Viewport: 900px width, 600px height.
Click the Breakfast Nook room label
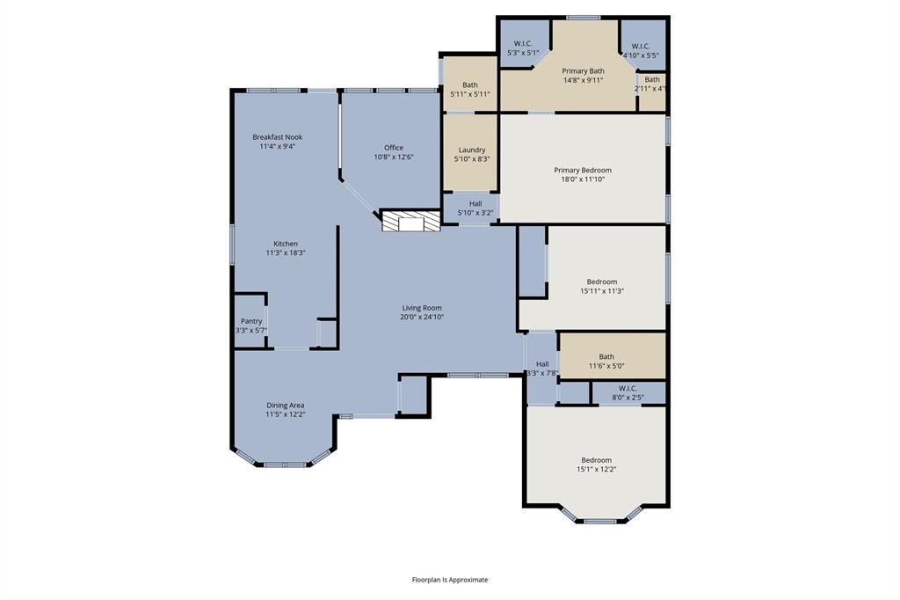coord(277,137)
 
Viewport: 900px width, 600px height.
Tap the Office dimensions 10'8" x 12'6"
coord(393,157)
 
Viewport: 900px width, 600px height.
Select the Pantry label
coord(251,321)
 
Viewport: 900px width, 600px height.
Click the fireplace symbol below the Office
coord(410,221)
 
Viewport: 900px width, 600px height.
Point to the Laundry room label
coord(471,150)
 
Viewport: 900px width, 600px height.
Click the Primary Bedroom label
coord(582,170)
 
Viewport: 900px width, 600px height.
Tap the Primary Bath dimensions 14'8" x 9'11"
coord(583,80)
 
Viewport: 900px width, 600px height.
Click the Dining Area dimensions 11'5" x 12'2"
coord(286,414)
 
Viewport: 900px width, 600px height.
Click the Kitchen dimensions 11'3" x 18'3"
coord(286,252)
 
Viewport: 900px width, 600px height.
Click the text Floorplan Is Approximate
coord(449,580)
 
